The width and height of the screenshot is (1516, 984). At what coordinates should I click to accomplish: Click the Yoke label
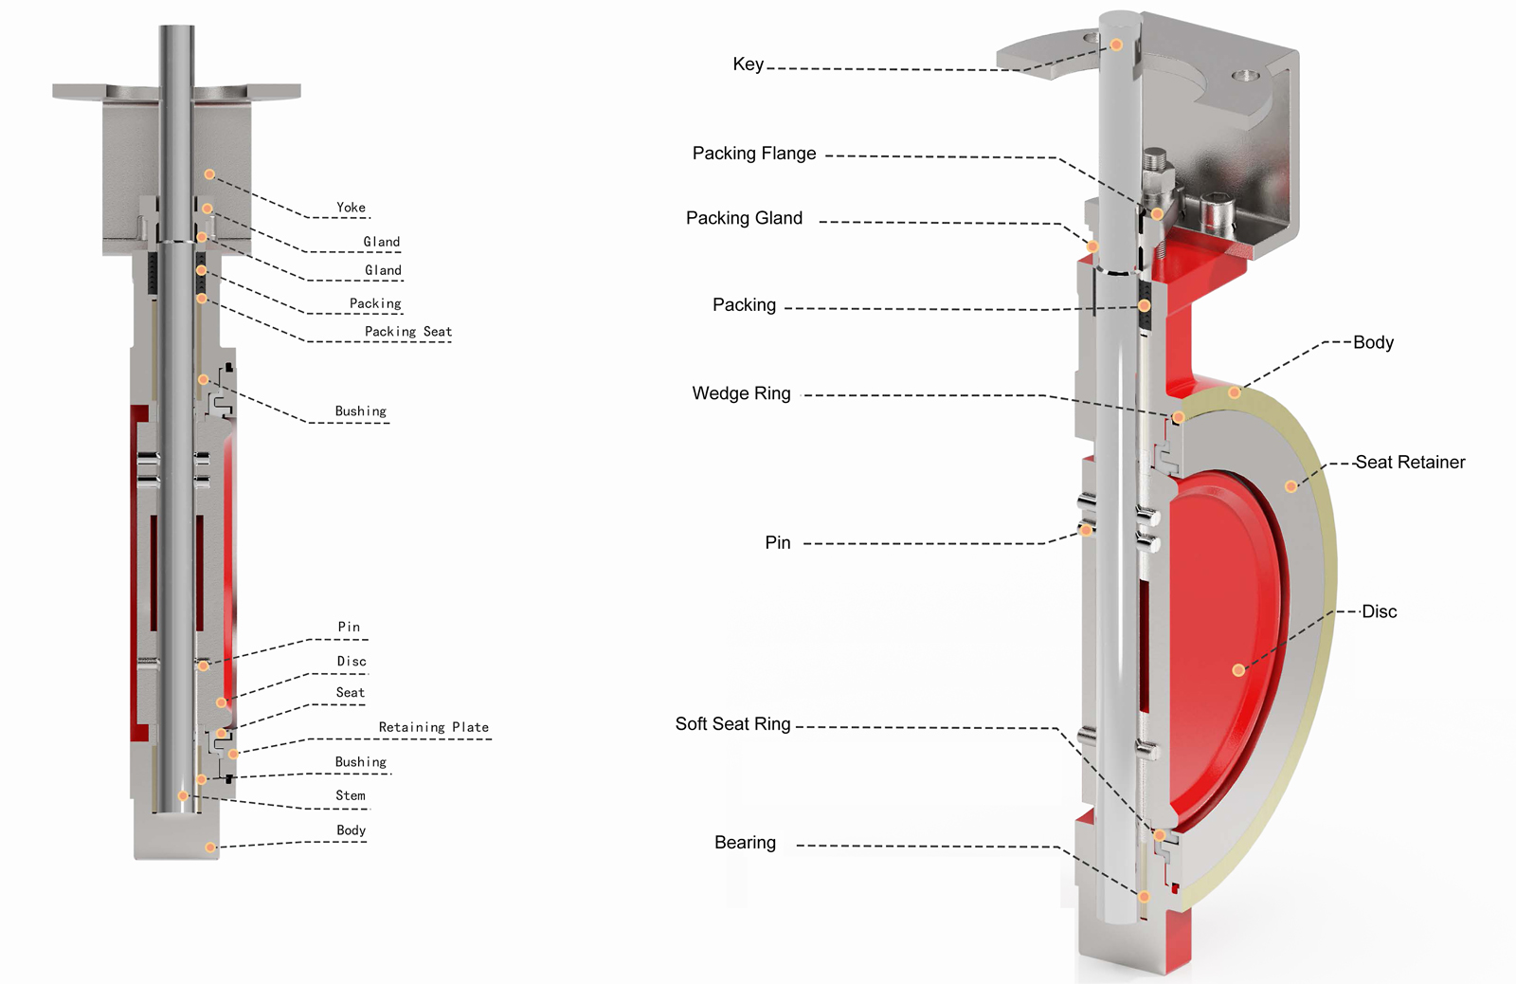coord(351,208)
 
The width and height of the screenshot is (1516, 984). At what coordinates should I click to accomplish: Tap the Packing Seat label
coord(408,331)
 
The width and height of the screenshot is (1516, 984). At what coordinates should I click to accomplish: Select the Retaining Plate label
coord(433,727)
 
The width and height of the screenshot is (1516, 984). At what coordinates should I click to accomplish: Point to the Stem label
coord(351,795)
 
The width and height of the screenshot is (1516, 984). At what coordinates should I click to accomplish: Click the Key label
coord(748,64)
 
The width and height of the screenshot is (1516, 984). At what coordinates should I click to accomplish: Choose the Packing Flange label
coord(754,153)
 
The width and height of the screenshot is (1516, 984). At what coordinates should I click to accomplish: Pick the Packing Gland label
coord(744,217)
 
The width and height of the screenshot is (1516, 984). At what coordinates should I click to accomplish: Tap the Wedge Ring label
coord(741,392)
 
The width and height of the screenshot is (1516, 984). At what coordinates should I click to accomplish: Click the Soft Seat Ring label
coord(732,723)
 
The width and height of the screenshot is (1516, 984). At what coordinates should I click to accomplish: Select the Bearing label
coord(745,842)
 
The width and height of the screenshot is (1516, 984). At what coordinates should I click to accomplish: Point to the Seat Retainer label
coord(1410,462)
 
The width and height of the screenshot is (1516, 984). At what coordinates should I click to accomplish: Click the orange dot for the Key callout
coord(1116,45)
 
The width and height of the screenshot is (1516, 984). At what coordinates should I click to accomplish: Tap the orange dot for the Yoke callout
coord(209,174)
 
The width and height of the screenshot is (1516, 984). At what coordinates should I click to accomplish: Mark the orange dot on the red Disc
coord(1237,670)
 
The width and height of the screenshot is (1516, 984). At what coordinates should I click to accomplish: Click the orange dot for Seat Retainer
coord(1290,486)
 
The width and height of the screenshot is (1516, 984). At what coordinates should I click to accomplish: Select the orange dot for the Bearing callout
coord(1144,897)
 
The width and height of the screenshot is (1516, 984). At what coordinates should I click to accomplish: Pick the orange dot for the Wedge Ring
coord(1178,417)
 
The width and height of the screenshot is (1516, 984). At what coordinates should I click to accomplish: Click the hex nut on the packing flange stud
coord(1156,180)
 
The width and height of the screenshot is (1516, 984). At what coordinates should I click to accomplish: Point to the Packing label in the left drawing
coord(375,303)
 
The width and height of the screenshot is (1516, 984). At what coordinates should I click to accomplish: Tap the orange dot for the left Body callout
coord(210,847)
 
